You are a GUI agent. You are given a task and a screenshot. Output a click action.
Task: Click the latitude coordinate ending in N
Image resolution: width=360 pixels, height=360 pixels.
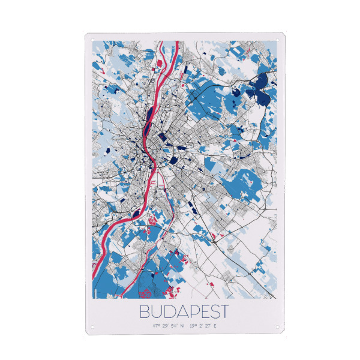point(169,326)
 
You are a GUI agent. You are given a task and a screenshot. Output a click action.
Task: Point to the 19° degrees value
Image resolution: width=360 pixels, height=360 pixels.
point(192,326)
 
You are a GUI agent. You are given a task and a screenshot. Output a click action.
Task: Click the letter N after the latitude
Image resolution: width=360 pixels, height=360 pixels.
point(182,326)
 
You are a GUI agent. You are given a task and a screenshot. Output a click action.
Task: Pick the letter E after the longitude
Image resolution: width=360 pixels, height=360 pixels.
point(215,326)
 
